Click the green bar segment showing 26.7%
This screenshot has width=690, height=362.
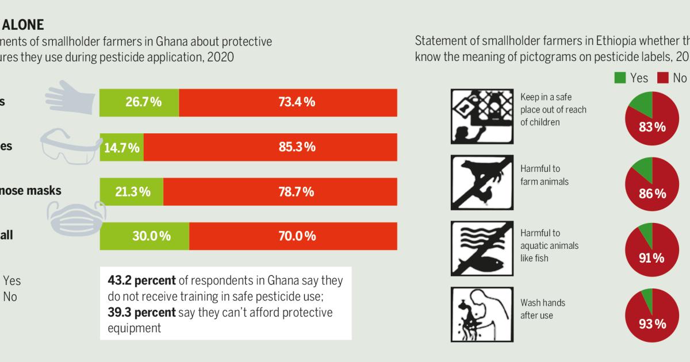pos(139,103)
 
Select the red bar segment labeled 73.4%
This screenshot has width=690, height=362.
pos(287,103)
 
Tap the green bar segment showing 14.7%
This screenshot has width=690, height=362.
pos(122,147)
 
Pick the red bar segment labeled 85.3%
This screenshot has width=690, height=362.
pos(270,147)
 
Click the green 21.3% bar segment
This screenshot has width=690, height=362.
pos(132,191)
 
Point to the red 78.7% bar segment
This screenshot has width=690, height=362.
pos(280,191)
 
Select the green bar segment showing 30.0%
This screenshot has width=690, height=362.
pos(144,236)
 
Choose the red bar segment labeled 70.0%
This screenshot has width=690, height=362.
pos(293,236)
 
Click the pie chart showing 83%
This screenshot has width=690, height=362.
pos(652,117)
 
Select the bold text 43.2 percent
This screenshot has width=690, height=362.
pos(140,281)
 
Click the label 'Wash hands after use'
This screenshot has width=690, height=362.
pos(543,309)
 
